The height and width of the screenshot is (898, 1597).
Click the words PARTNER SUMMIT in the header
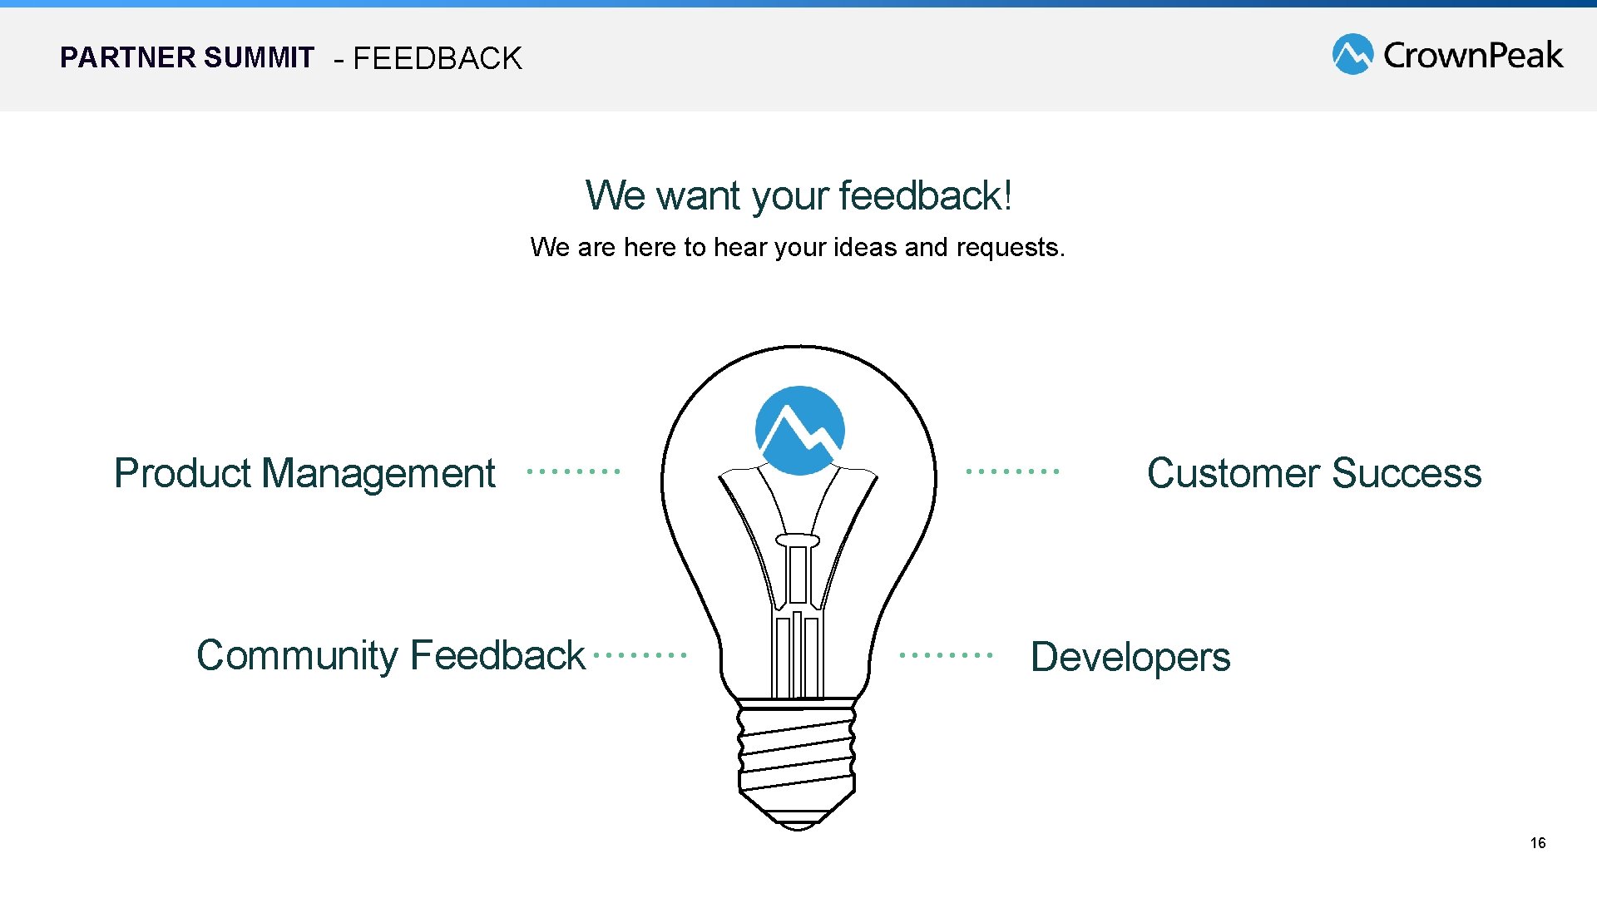click(x=187, y=57)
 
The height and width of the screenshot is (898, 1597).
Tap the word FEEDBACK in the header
click(x=438, y=59)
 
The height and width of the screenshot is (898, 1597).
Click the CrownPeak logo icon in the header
click(x=1352, y=54)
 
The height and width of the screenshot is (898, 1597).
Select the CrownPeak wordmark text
click(x=1473, y=55)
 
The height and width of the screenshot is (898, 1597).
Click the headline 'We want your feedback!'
click(x=798, y=196)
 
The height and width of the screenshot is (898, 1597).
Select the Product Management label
click(x=304, y=473)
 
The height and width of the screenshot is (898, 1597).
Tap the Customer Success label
click(x=1314, y=473)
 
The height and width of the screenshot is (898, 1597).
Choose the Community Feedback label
click(x=391, y=655)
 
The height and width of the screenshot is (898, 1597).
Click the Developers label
click(x=1130, y=657)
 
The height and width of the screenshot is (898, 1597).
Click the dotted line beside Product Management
click(x=574, y=471)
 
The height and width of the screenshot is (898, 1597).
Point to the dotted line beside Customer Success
click(x=1012, y=471)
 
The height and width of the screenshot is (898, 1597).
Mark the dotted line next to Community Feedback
click(x=640, y=655)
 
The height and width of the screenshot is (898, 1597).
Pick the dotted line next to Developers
click(x=946, y=655)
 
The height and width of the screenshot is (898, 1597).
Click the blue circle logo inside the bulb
click(x=799, y=430)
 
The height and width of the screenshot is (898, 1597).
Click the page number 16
click(x=1538, y=843)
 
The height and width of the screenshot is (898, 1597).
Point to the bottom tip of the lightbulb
click(x=797, y=825)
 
